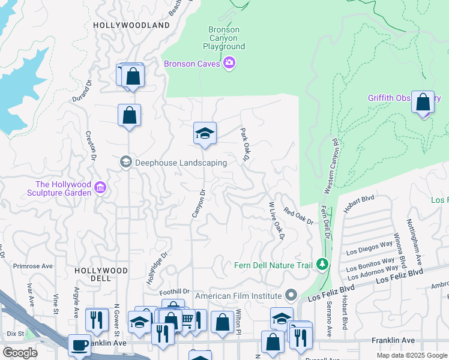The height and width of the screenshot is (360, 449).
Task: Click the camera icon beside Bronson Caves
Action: click(229, 63)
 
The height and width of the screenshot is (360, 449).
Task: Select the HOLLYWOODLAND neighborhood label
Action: click(131, 25)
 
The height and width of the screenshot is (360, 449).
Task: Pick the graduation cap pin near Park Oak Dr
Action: click(205, 133)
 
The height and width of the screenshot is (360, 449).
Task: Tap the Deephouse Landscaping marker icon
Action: click(126, 163)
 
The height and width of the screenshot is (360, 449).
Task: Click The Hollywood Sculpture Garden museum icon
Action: click(100, 188)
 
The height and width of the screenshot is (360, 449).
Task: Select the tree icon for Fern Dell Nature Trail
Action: click(322, 265)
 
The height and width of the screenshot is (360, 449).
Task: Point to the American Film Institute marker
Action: click(291, 296)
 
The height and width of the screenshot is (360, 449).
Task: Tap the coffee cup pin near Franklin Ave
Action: click(79, 346)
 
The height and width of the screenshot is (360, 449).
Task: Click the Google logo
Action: click(20, 352)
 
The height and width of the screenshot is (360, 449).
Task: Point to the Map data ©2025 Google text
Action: click(411, 355)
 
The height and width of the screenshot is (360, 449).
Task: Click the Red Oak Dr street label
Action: click(299, 216)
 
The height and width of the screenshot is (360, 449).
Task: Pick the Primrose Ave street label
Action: click(33, 266)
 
